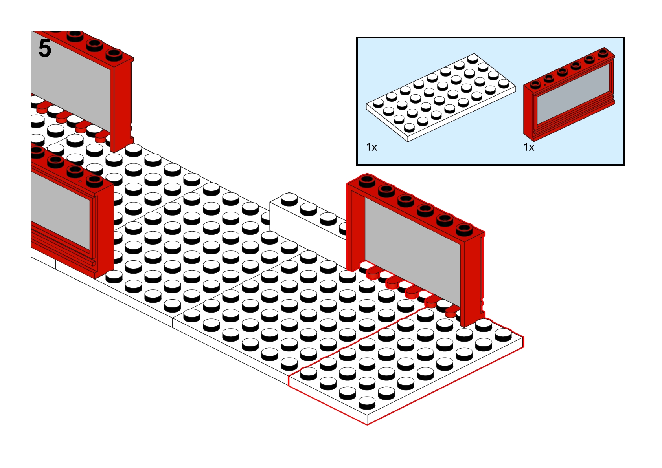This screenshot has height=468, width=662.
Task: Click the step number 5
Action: pos(45,49)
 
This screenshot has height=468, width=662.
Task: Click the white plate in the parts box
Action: pos(441,97)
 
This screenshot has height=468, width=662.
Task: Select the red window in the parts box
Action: pos(569,95)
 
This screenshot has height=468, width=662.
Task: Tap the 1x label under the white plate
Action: pos(371,147)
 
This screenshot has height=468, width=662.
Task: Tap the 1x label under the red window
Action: pos(529,147)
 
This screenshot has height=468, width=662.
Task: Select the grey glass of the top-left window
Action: pos(71,80)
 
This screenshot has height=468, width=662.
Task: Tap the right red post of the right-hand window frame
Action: pos(473,280)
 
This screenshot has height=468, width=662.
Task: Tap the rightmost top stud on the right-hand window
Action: pos(464,228)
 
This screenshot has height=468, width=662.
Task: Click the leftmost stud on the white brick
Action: pos(289,198)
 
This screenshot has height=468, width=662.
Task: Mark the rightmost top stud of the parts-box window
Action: pos(603,52)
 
